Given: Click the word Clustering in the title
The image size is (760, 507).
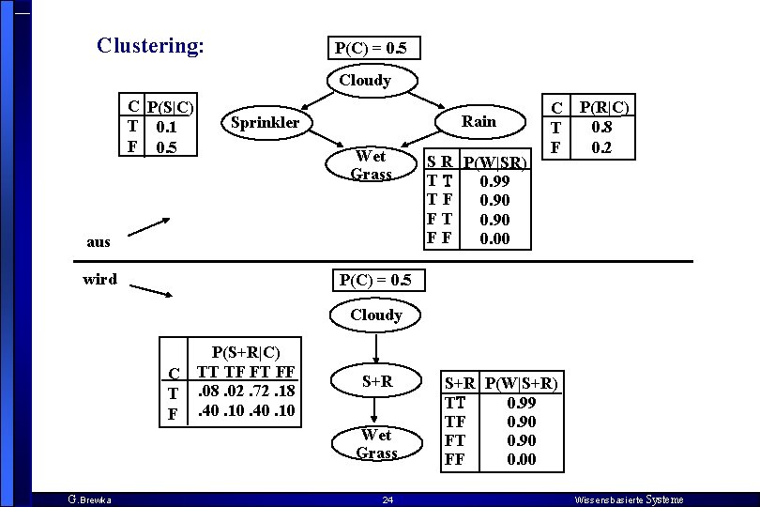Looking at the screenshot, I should click(148, 45).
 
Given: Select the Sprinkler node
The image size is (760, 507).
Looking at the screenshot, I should click(265, 122).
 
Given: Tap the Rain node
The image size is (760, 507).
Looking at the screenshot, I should click(479, 120).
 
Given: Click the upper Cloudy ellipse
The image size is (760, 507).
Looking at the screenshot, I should click(365, 81).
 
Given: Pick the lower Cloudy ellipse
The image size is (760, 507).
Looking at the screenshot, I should click(375, 315).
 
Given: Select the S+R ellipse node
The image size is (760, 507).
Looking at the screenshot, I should click(376, 382).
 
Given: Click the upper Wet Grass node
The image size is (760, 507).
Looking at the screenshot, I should click(370, 164).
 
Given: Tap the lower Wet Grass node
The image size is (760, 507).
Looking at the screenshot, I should click(376, 444).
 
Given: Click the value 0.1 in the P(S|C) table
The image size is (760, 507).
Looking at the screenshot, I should click(167, 128).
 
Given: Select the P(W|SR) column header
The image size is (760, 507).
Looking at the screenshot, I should click(496, 163).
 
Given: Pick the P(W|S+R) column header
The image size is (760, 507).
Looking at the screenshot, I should click(522, 383).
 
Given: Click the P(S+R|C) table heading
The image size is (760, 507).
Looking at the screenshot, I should click(245, 352).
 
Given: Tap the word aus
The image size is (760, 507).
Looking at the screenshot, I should click(98, 241).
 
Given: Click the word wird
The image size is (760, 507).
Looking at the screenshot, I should click(99, 279).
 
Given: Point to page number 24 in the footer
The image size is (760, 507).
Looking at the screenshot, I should click(387, 499).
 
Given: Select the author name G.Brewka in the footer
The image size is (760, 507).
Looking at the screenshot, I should click(89, 499).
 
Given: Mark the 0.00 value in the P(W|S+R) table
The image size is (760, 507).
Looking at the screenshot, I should click(521, 459).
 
